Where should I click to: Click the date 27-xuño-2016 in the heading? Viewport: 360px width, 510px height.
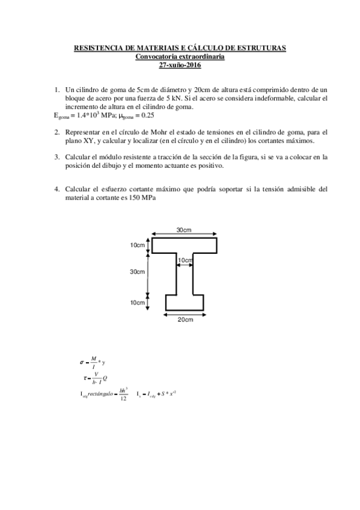(x=180, y=64)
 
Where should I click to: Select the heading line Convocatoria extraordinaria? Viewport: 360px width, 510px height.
(x=180, y=56)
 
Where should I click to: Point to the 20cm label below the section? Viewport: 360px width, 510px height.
(x=184, y=319)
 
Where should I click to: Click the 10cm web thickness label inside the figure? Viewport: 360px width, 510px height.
(x=184, y=260)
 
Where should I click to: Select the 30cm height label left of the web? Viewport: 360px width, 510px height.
(x=138, y=272)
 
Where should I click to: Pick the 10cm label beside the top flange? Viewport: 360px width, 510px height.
(x=138, y=245)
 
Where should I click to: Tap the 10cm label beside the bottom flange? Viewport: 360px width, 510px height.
(x=138, y=303)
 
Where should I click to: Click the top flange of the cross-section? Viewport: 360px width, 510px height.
(x=184, y=245)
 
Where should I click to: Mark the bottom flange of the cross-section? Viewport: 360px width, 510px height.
(x=184, y=303)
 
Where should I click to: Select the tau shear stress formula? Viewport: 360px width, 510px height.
(x=95, y=377)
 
